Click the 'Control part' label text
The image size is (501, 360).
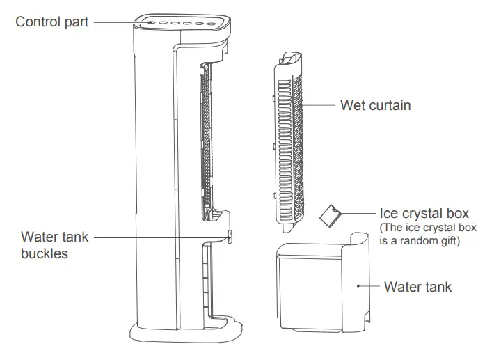pyautogui.click(x=52, y=22)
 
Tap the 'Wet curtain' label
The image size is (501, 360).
pyautogui.click(x=375, y=106)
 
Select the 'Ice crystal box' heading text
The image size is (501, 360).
pyautogui.click(x=424, y=213)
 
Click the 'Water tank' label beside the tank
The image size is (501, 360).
pyautogui.click(x=417, y=286)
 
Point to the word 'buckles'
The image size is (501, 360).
pyautogui.click(x=44, y=254)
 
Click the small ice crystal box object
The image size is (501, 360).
pyautogui.click(x=330, y=217)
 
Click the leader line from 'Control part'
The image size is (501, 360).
pyautogui.click(x=118, y=22)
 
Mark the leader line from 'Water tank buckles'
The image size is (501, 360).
pyautogui.click(x=160, y=237)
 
